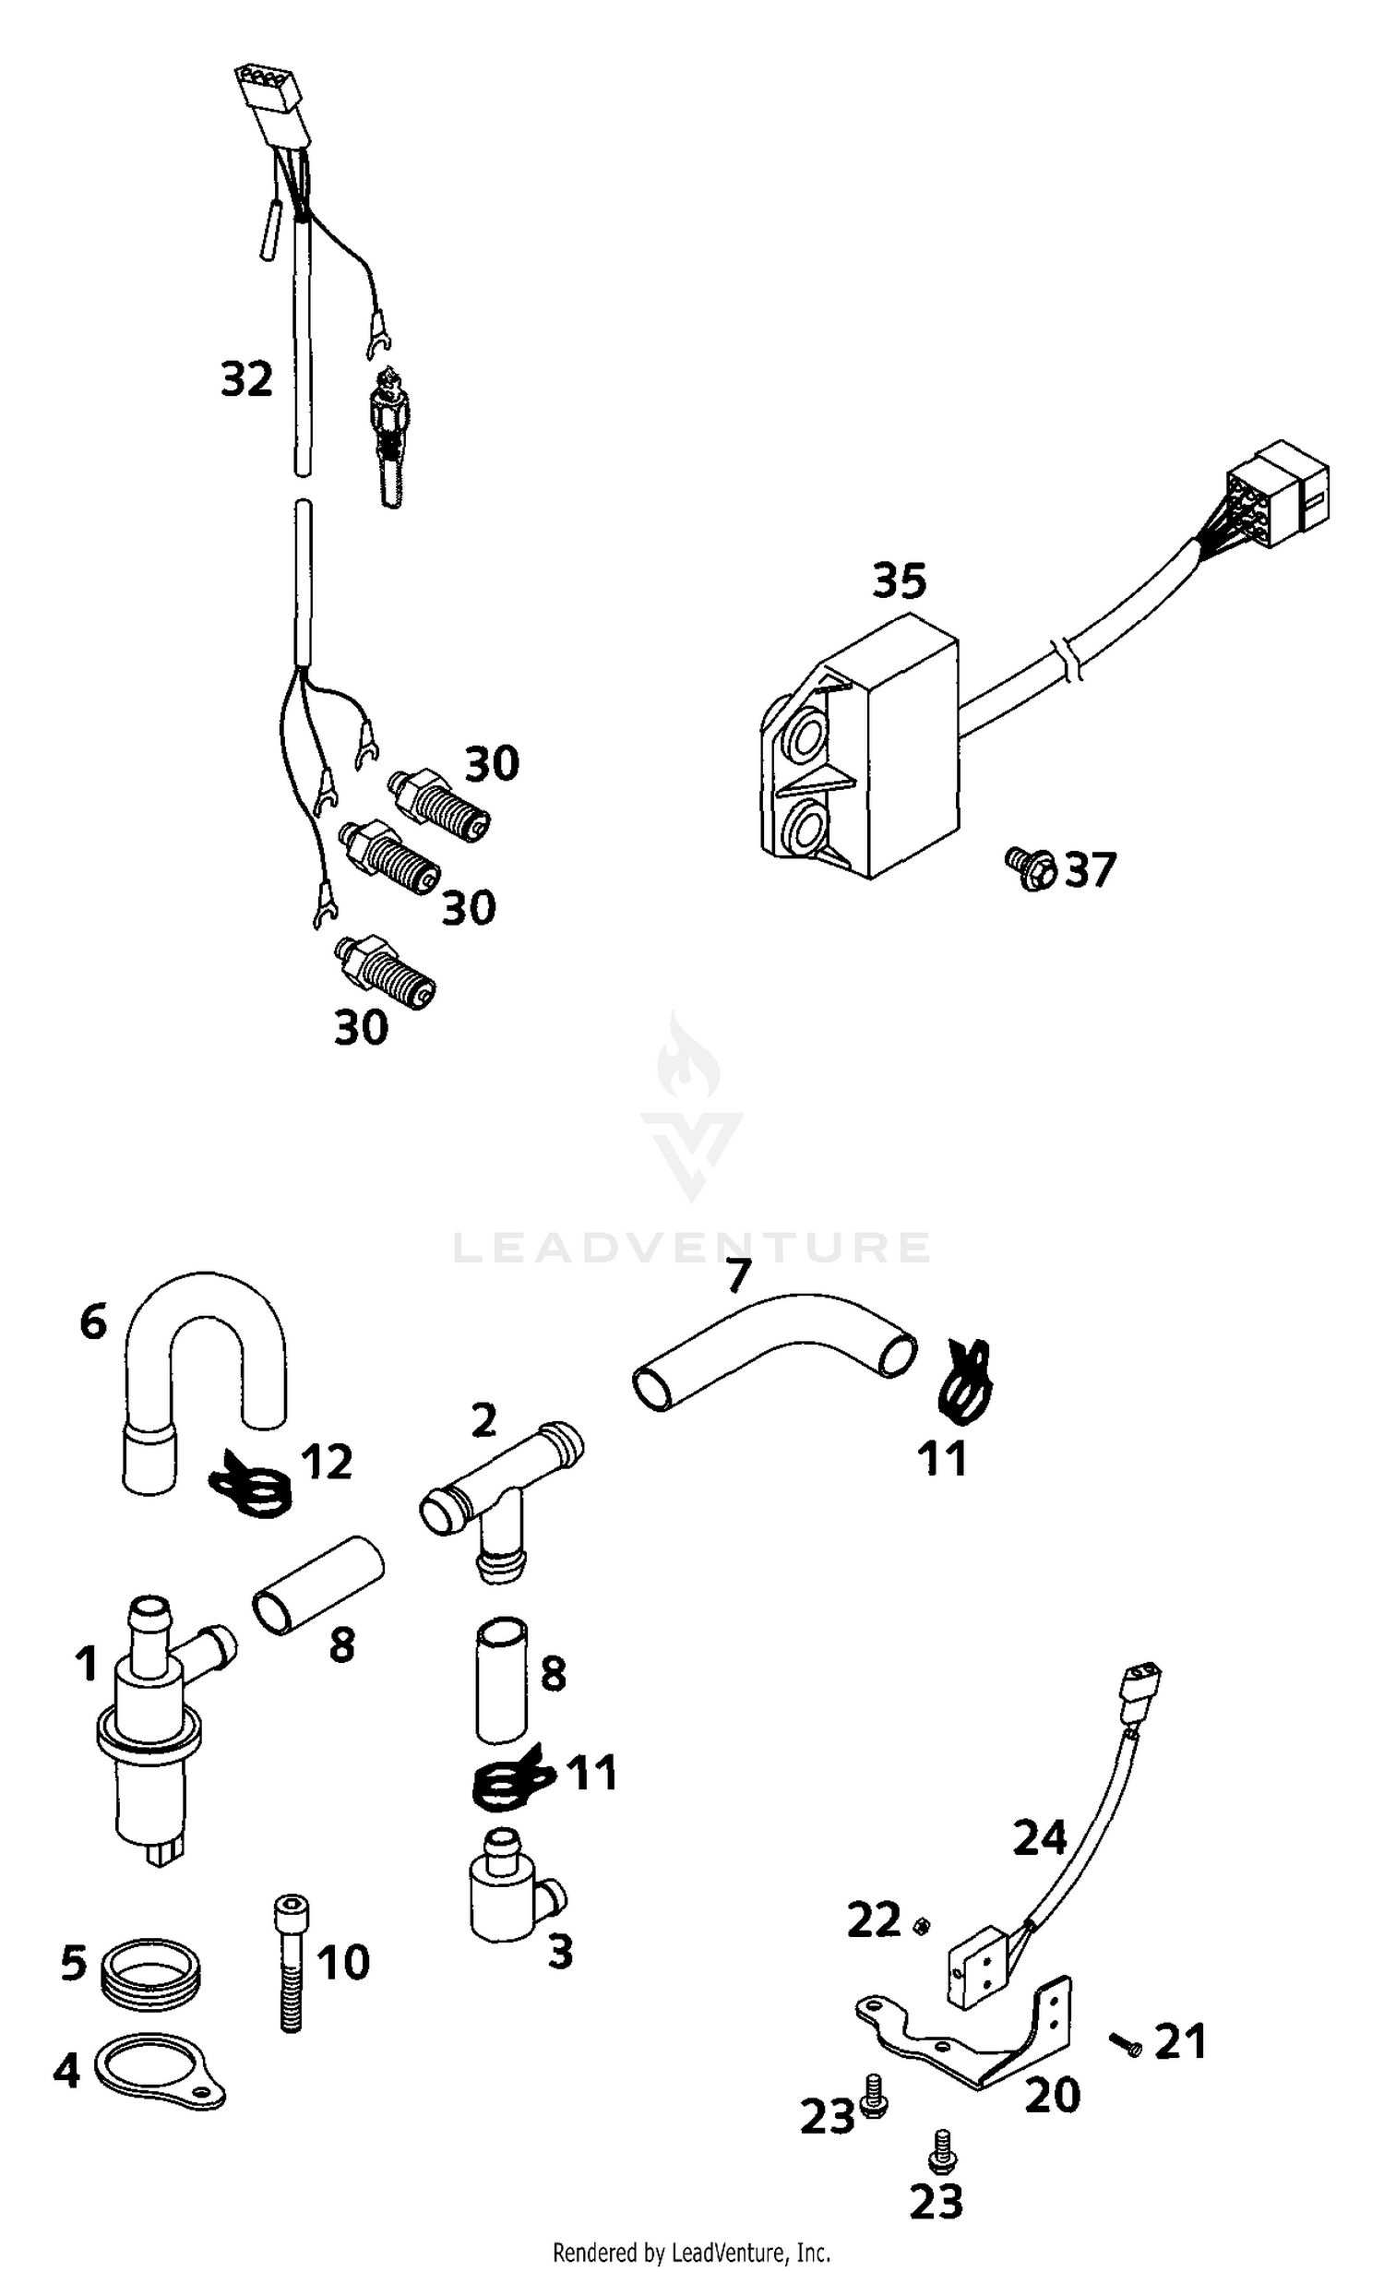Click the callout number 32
246,379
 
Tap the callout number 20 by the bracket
1053,2096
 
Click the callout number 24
1039,1837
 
